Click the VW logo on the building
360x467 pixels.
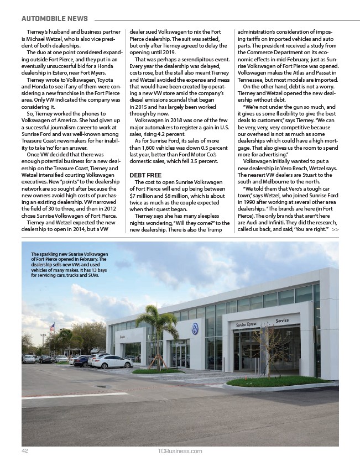[x=195, y=328]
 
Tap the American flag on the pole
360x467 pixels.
[x=52, y=328]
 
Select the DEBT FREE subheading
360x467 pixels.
[x=145, y=175]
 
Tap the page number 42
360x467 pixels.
[x=25, y=451]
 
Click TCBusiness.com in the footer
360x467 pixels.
[x=180, y=451]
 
